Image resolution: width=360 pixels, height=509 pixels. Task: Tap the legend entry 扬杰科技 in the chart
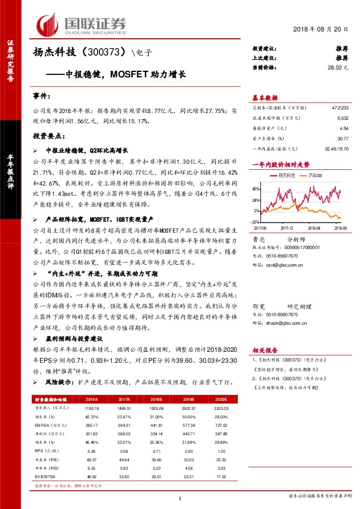pos(285,175)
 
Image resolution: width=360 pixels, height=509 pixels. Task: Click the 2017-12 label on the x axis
pos(287,228)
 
